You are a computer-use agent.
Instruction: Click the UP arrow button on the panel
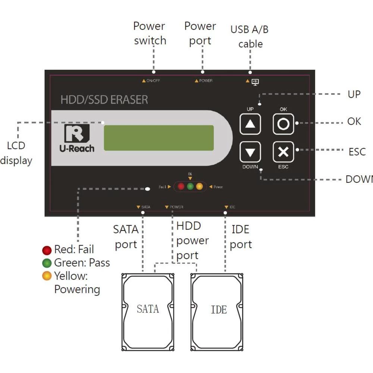coord(250,124)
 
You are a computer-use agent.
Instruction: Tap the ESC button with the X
coord(283,152)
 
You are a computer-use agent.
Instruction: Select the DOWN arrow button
coord(250,152)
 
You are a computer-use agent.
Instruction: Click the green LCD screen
coord(159,138)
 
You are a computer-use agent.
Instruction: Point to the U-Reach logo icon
coord(76,133)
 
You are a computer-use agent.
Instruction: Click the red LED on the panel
coord(181,186)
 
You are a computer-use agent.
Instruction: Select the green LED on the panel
coord(190,186)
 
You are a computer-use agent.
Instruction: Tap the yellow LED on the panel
coord(199,186)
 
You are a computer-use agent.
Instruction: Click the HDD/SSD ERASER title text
coord(104,100)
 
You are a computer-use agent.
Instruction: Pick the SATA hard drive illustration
coord(148,312)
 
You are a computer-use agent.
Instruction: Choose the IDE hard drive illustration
coord(217,312)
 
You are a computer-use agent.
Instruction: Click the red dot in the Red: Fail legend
coord(47,250)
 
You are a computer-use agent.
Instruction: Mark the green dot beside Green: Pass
coord(47,263)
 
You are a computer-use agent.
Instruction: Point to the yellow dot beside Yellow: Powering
coord(47,276)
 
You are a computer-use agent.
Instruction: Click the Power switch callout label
coord(150,33)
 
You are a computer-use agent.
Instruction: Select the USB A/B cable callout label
coord(250,37)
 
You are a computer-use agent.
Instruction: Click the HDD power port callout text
coord(192,241)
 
